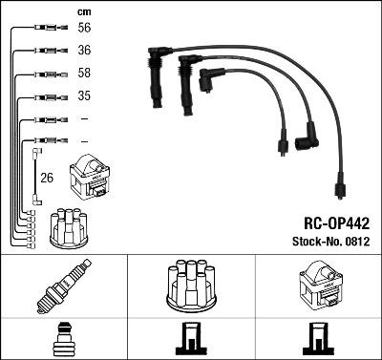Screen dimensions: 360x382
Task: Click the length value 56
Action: point(83,30)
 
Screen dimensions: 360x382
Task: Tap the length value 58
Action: point(83,74)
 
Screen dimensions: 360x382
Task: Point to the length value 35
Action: point(83,96)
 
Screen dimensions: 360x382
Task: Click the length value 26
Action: point(47,177)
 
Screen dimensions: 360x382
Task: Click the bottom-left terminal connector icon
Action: point(63,340)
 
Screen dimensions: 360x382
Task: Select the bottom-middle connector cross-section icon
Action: point(190,340)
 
